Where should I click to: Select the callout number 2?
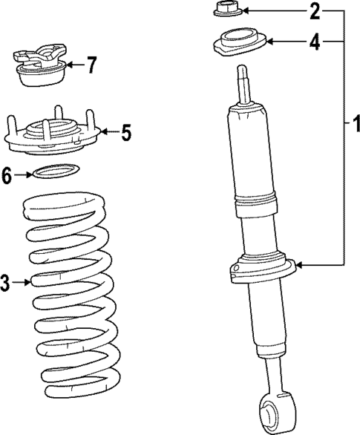(x=314, y=11)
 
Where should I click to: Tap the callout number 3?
(x=6, y=282)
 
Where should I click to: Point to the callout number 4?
(x=315, y=42)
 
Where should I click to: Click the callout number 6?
(x=7, y=175)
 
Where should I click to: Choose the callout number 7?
(x=91, y=65)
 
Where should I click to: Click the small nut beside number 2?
(x=225, y=10)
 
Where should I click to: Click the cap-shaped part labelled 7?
(x=42, y=68)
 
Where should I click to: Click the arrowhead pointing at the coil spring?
(x=30, y=282)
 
